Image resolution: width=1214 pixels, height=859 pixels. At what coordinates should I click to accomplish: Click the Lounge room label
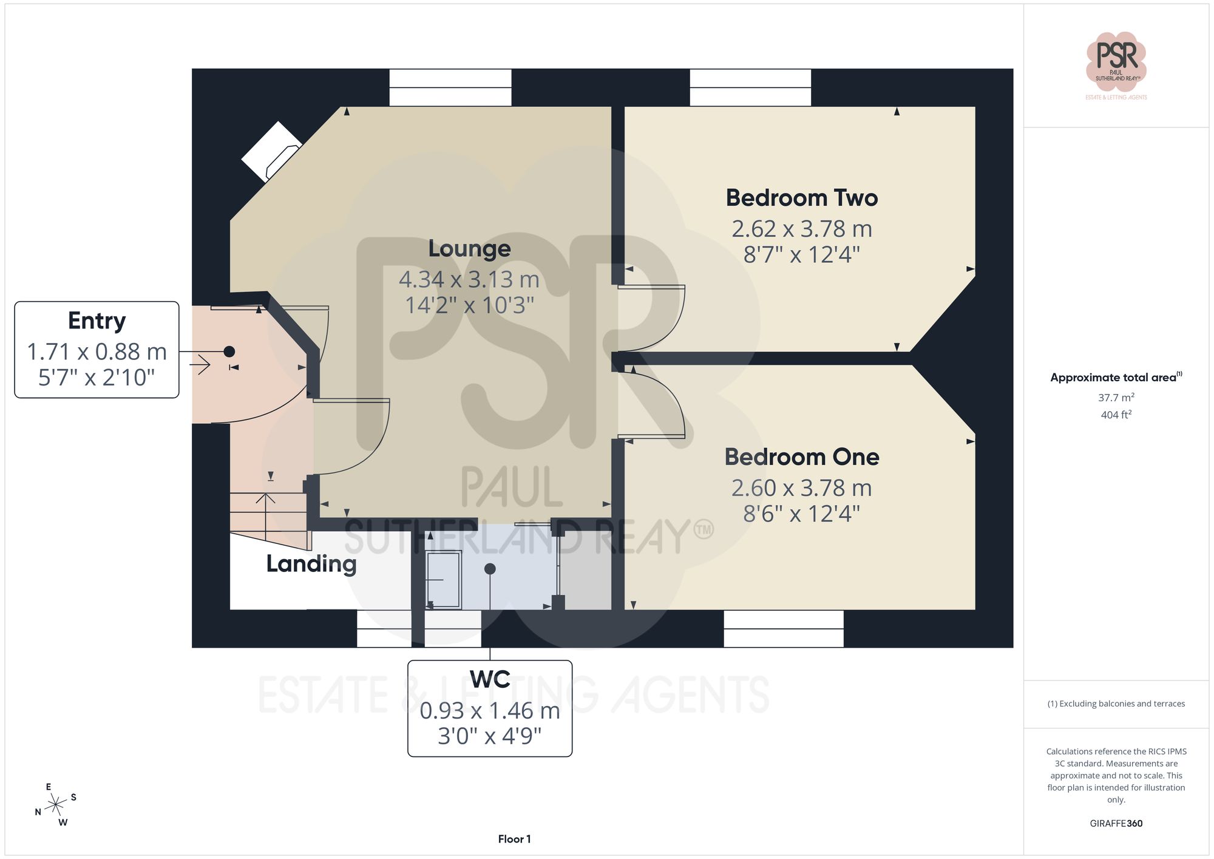[x=469, y=249]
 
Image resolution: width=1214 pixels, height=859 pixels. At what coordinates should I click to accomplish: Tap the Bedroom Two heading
[x=801, y=198]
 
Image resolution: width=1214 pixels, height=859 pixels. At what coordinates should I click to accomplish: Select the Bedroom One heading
[x=801, y=457]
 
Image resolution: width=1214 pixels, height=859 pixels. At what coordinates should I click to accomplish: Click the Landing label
[x=311, y=564]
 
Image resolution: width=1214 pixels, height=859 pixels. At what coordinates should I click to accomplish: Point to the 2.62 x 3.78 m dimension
[x=801, y=229]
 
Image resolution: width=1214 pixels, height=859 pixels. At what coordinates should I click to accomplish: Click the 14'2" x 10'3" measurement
[x=469, y=305]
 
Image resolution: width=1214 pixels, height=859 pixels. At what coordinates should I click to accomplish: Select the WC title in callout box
[x=490, y=679]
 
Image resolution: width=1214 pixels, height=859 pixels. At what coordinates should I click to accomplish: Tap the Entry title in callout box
[x=97, y=321]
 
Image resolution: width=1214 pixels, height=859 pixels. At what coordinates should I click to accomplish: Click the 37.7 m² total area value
[x=1116, y=398]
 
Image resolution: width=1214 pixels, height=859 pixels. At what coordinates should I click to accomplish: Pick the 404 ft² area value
[x=1116, y=415]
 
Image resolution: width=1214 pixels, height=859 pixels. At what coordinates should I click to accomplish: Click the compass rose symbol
[x=56, y=805]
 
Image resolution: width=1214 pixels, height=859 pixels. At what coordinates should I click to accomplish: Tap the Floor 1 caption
[x=514, y=839]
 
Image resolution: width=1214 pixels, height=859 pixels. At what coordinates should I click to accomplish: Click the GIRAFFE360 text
[x=1116, y=823]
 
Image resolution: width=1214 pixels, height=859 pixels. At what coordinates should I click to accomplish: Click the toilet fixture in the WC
[x=444, y=579]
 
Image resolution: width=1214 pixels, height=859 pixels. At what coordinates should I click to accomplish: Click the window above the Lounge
[x=450, y=87]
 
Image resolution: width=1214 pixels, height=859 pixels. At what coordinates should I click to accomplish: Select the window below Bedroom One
[x=783, y=628]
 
